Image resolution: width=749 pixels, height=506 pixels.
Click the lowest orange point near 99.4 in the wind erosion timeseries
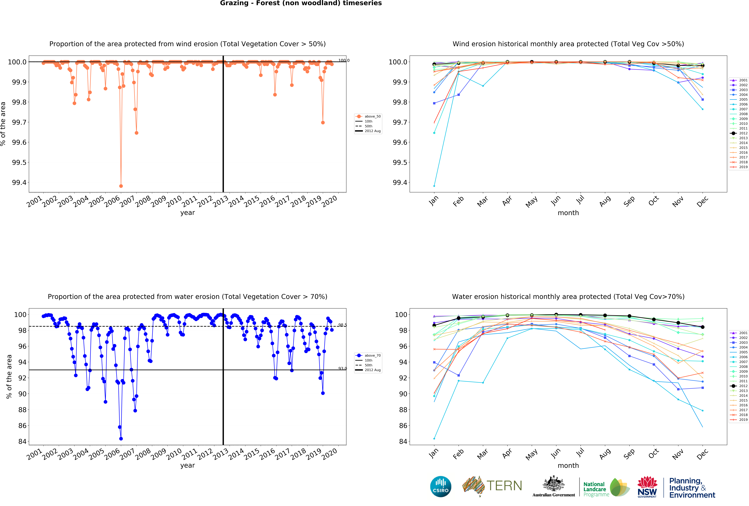pos(121,186)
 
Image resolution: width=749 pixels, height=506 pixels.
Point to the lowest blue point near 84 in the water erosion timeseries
pos(121,439)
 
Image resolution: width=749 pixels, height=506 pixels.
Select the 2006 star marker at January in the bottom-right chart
pos(434,439)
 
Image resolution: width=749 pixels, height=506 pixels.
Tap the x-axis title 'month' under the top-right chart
pos(568,213)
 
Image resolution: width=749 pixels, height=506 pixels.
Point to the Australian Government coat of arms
pos(553,483)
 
